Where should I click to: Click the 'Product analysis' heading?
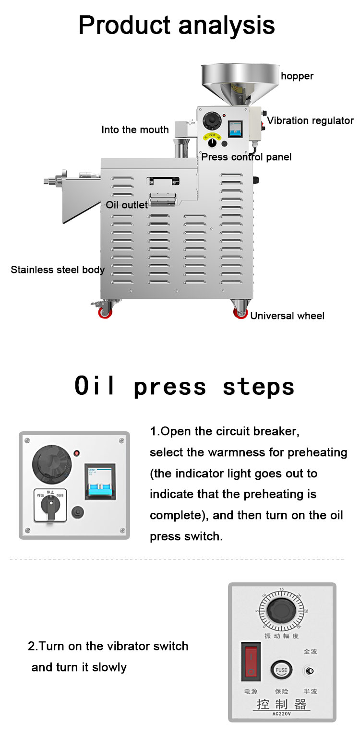pos(177,25)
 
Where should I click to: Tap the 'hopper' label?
pos(297,76)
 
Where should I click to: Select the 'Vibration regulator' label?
pos(310,120)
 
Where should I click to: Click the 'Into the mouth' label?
pos(135,130)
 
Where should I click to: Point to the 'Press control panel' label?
pos(246,157)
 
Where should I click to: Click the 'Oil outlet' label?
pos(127,205)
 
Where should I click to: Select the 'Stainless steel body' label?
pos(58,270)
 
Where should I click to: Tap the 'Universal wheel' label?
pos(287,316)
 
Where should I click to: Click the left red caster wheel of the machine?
pos(105,313)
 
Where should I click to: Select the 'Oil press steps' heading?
pos(184,387)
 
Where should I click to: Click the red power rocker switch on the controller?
pos(251,662)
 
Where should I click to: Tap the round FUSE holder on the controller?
pos(281,670)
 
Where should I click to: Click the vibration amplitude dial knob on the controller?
pos(282,612)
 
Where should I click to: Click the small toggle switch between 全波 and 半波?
pos(310,671)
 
